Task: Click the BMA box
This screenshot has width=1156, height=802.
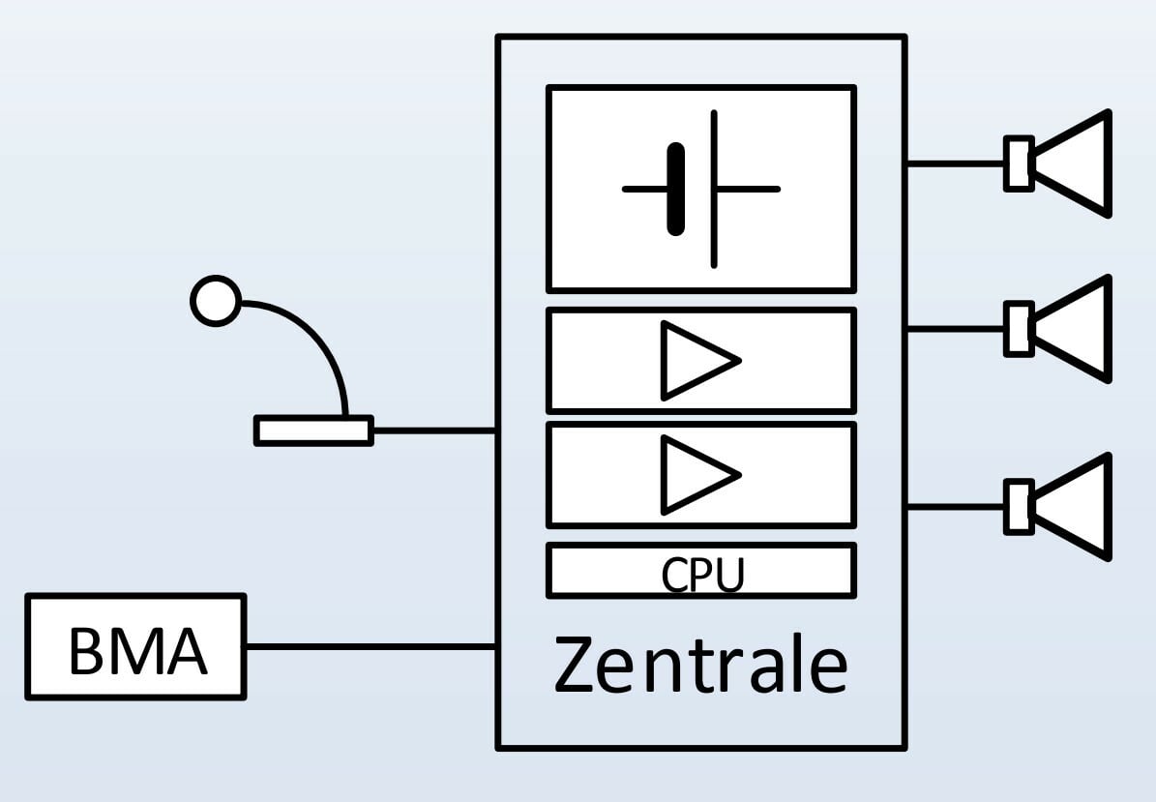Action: pos(135,646)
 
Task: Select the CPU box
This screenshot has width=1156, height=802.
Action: pos(700,572)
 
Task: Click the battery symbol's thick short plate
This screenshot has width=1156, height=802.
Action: pos(676,189)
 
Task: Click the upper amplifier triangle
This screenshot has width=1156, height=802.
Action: pos(698,360)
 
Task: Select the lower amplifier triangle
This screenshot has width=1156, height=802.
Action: pos(698,474)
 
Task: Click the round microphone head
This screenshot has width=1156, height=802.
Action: pos(215,301)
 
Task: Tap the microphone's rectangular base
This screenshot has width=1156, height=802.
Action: pos(313,431)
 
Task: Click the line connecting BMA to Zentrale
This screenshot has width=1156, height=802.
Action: pos(371,646)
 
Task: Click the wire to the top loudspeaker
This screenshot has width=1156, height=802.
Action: pos(956,163)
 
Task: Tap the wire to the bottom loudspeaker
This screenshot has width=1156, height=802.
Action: pos(956,506)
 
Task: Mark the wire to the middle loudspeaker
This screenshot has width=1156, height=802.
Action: pos(956,330)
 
